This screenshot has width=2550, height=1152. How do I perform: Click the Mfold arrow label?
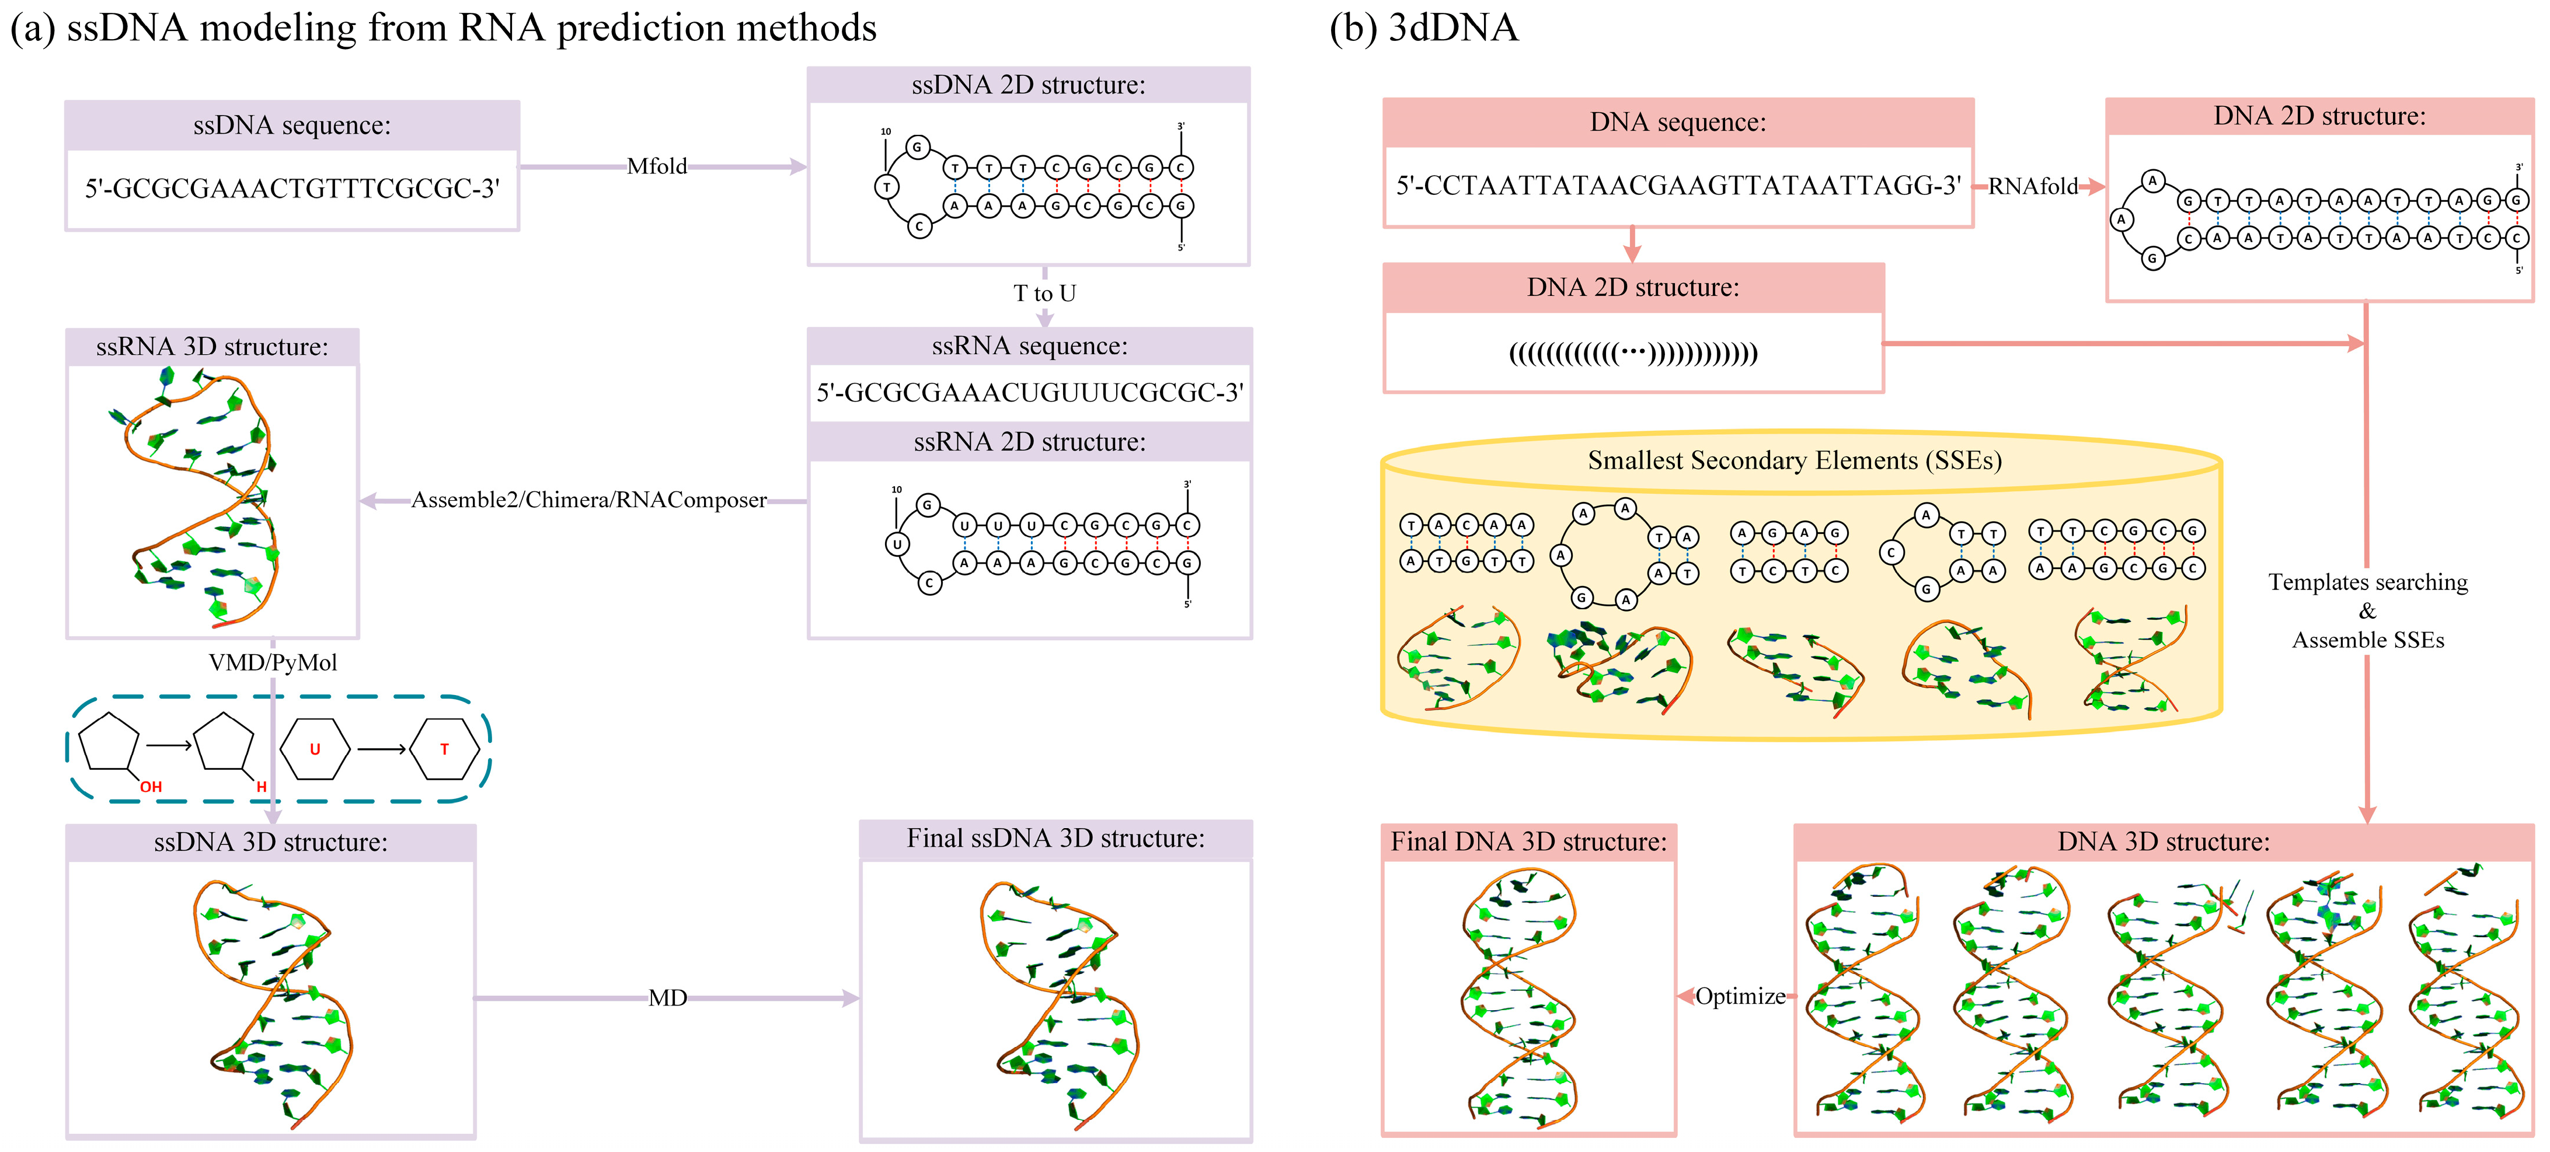656,166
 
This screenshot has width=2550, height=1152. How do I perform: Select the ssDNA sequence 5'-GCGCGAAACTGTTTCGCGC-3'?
292,188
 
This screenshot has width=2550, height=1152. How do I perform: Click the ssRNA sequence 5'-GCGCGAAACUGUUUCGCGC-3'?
1029,393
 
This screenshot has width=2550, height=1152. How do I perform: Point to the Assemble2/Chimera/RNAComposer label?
589,500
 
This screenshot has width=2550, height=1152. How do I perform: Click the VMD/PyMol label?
273,662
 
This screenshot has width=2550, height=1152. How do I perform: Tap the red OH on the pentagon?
151,787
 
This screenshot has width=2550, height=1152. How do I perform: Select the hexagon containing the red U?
315,749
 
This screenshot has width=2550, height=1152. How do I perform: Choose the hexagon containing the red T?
444,749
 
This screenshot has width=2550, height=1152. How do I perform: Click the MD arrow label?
667,997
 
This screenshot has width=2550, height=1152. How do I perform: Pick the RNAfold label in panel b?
2032,186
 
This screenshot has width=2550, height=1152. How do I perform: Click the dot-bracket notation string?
1633,353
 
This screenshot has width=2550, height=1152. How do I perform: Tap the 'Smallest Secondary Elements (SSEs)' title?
1795,460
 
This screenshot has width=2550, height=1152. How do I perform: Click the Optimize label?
1740,996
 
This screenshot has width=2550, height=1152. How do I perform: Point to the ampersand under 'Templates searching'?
2367,610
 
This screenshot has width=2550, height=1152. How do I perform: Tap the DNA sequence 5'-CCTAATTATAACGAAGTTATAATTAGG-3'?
1678,186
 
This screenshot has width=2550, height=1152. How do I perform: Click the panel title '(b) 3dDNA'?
1423,27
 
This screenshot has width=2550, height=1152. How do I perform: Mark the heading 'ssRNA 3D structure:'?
212,347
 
